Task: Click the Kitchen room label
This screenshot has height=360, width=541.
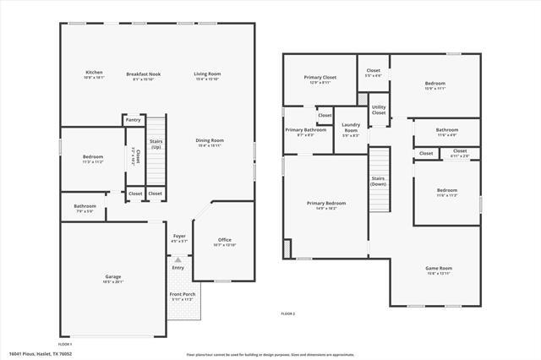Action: (94, 74)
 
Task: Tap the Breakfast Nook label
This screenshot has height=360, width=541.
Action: (144, 74)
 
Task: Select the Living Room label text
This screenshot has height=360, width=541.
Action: (207, 74)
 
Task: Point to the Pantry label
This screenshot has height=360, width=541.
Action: (133, 121)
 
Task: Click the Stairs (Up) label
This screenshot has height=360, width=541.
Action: (156, 145)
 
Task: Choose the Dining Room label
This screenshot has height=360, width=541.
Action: (209, 140)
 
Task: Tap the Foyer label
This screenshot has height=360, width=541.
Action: (179, 236)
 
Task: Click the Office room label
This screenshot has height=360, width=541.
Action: (224, 240)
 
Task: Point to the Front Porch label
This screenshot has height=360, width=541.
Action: (182, 295)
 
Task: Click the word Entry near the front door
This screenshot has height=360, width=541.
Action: (178, 268)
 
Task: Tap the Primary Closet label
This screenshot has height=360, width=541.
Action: (320, 78)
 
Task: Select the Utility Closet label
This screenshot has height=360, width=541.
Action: (379, 110)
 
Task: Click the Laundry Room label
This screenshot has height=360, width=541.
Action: (351, 128)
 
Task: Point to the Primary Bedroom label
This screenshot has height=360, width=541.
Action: (325, 204)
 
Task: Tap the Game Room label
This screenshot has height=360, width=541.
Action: (438, 269)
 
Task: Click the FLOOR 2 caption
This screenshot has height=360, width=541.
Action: (288, 314)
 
